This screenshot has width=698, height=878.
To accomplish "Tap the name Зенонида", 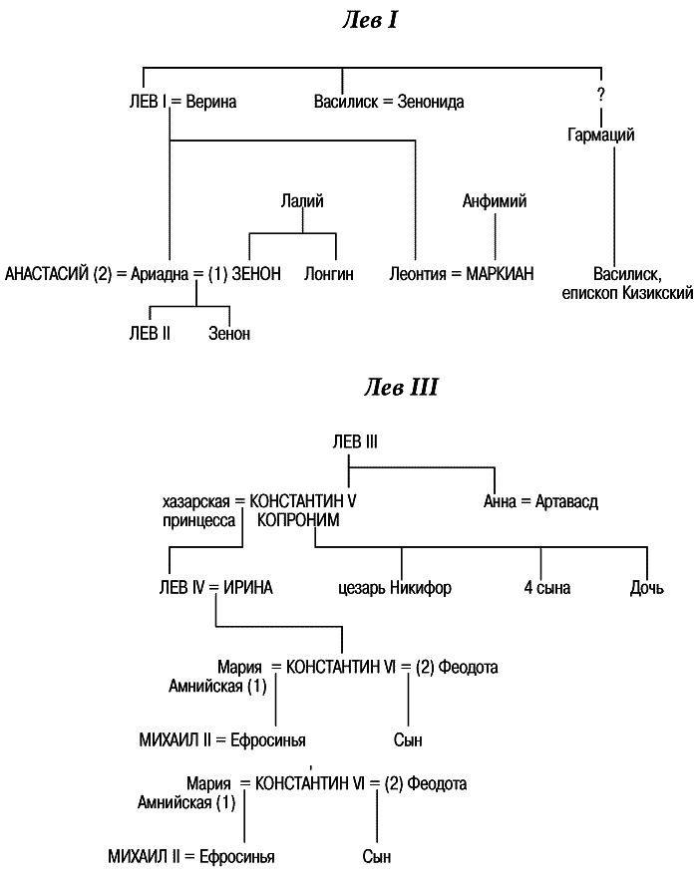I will click(x=431, y=102).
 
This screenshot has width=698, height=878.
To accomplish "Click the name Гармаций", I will click(x=600, y=135).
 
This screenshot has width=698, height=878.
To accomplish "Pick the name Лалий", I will click(x=300, y=201).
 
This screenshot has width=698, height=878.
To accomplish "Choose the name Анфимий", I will click(x=495, y=201).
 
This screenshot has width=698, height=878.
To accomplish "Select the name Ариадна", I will click(x=161, y=272).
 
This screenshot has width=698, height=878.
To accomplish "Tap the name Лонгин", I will click(x=329, y=272).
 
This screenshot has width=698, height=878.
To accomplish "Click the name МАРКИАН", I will click(x=501, y=272).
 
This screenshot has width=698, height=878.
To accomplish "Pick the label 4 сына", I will click(x=547, y=588).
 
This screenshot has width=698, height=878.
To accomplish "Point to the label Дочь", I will click(x=646, y=588).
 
